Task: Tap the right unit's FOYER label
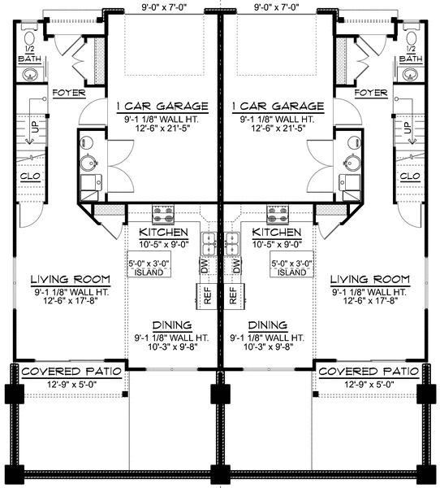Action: tap(371, 93)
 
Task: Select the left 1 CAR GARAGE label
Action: tap(162, 106)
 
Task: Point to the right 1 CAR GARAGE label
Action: tap(277, 106)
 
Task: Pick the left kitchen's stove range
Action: tap(160, 216)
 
